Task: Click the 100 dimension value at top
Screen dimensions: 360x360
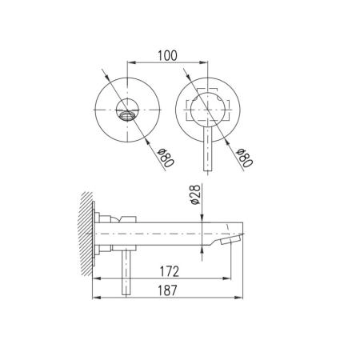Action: pos(167,56)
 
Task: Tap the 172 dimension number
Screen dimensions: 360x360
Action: pos(170,272)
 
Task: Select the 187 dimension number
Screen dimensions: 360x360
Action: pos(167,290)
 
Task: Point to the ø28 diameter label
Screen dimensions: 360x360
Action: pos(195,194)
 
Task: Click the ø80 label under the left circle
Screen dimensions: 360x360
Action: pos(166,158)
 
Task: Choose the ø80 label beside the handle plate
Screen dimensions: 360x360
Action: pos(245,158)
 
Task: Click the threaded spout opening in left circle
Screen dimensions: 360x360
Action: pos(127,115)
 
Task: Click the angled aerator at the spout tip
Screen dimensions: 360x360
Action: pos(231,239)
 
